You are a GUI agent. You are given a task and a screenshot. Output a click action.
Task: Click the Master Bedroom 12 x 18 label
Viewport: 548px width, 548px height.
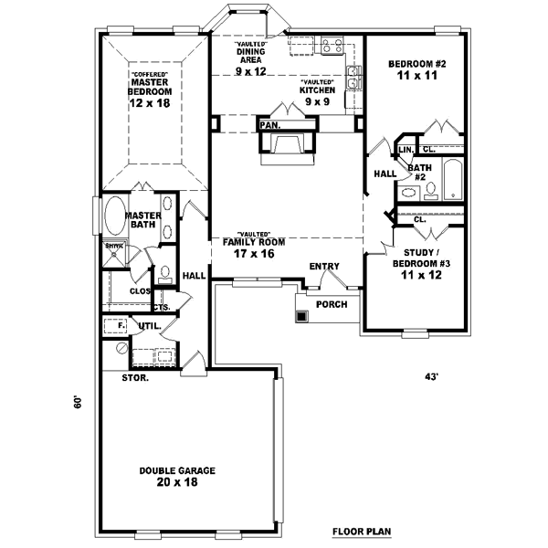coord(151,91)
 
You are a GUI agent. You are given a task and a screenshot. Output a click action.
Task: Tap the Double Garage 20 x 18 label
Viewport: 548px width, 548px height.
coord(178,476)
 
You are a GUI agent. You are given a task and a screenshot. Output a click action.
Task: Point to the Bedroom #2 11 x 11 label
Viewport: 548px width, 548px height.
coord(416,70)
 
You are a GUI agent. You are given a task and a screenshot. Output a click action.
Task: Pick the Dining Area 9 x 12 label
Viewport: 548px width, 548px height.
coord(249,59)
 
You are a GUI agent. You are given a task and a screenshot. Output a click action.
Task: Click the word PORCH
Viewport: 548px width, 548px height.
coord(331,304)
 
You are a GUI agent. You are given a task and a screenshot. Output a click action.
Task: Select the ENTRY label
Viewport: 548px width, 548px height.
coord(323,267)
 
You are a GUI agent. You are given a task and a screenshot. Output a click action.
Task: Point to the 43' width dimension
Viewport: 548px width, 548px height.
coord(432,376)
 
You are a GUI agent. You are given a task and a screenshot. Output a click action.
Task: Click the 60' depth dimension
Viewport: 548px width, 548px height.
coord(79,402)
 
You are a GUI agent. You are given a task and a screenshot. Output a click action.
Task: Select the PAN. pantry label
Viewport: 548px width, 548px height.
coord(269,124)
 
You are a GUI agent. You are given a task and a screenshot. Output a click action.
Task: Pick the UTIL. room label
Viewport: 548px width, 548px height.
coord(148,325)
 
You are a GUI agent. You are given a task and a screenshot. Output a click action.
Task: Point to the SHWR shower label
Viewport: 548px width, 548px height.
coord(114,246)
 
